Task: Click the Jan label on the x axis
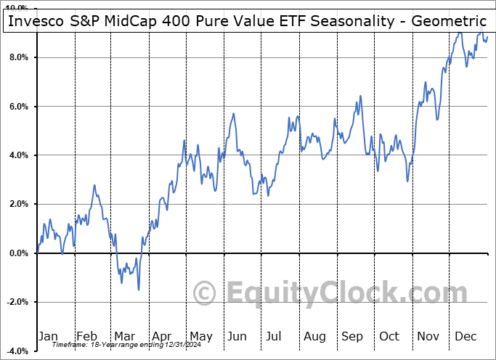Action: [49, 336]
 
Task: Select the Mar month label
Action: [125, 336]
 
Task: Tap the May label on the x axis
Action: [201, 336]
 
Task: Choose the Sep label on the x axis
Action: [353, 336]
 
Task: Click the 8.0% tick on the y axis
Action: [17, 57]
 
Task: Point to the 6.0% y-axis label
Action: [17, 107]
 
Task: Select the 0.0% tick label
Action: [17, 253]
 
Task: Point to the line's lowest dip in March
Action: [138, 290]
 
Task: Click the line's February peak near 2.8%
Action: [94, 185]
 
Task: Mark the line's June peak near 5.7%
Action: [233, 114]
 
